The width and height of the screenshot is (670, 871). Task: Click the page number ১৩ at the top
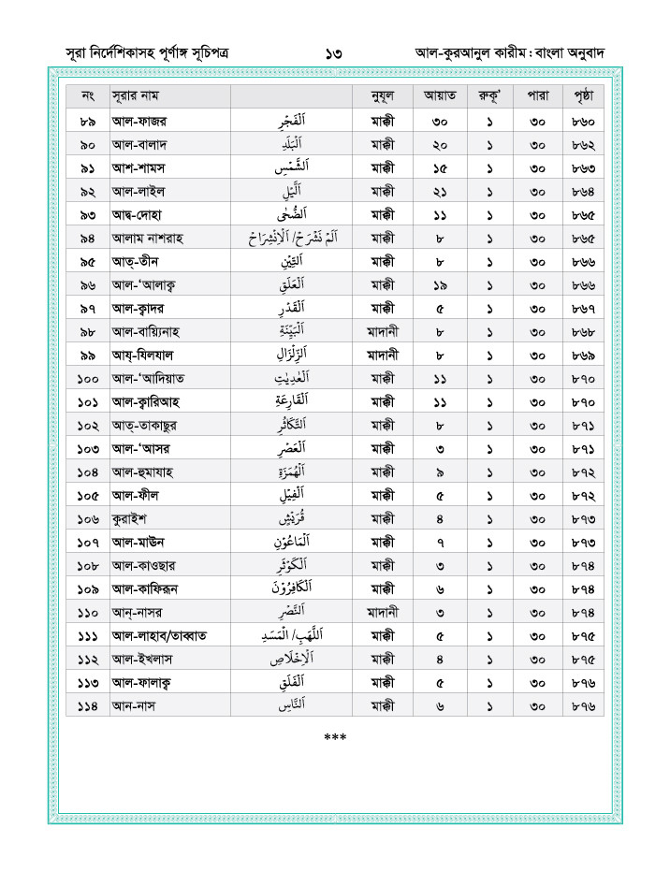coord(334,53)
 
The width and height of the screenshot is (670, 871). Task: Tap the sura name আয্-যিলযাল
coord(148,356)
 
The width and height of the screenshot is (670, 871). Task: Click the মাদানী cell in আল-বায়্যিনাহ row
coord(382,332)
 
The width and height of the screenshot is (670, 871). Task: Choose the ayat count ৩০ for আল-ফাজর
coord(440,122)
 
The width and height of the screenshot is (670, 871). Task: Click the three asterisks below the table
coord(334,738)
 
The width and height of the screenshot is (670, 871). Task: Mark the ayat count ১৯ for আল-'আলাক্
coord(440,285)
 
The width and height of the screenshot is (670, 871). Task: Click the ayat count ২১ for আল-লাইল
coord(440,192)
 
